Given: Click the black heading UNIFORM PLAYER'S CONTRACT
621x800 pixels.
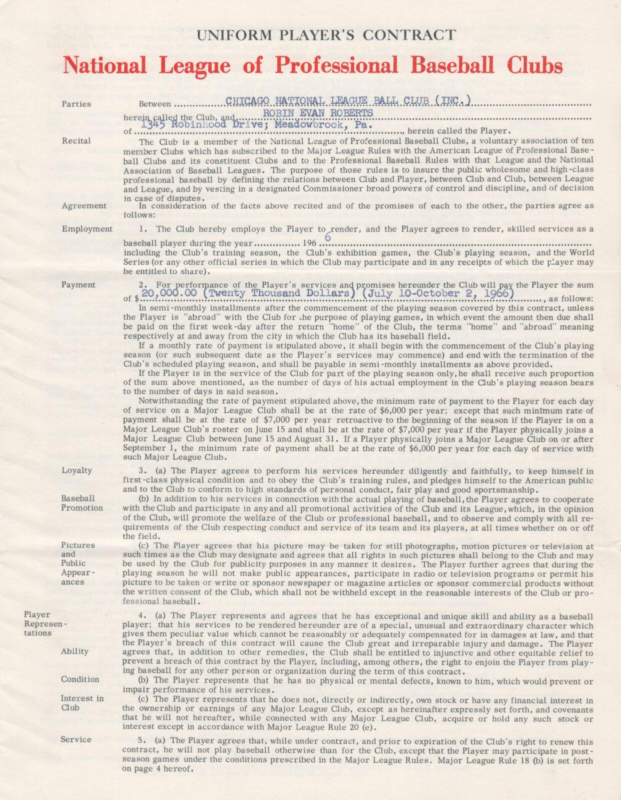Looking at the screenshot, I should coord(326,35).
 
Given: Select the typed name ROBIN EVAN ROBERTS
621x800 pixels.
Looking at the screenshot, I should coord(318,113).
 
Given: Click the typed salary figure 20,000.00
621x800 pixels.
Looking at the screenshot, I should coord(170,293).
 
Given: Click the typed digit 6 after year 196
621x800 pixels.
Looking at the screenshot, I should coord(328,238).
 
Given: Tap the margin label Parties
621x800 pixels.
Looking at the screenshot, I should coord(76,104).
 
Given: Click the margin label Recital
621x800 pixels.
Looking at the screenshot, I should coord(76,141).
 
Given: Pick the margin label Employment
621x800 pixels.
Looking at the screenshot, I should coord(87,229).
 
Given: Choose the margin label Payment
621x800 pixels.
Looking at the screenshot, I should coord(78,284).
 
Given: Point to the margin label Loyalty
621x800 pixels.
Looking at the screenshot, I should coord(77,470).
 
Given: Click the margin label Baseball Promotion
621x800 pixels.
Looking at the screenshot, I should coord(82,503).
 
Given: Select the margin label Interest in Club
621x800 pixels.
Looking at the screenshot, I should coord(82,703).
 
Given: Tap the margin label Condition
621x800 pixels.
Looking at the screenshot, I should coord(80,679).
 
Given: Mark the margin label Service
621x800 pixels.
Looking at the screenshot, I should coord(76,739).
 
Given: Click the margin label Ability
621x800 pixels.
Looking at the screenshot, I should coord(75,651).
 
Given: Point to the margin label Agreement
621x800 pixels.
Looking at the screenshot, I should coord(84,205).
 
